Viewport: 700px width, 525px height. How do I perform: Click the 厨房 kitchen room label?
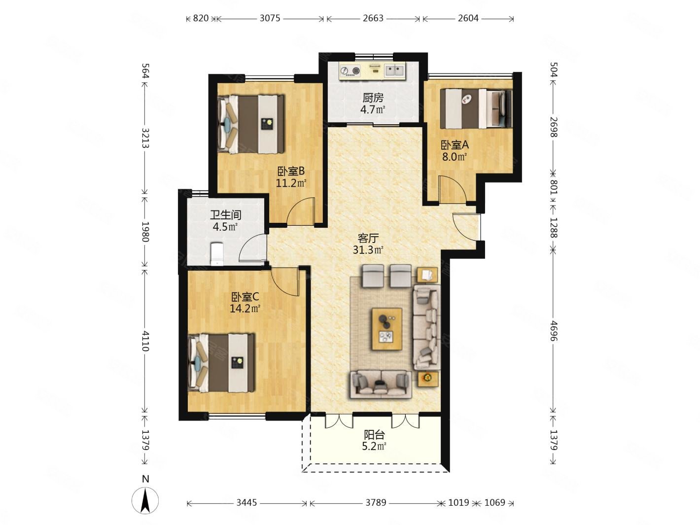click(x=373, y=98)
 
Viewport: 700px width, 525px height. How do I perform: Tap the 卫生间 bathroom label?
click(x=225, y=215)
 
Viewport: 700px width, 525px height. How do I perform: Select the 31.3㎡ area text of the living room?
click(x=368, y=250)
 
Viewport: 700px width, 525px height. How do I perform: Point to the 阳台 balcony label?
click(x=374, y=434)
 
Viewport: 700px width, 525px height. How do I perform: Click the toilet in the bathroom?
click(x=217, y=254)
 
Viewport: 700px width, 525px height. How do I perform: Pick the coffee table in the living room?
click(x=386, y=329)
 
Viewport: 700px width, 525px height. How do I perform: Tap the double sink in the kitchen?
click(x=394, y=70)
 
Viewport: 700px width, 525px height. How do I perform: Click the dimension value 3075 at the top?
click(x=270, y=18)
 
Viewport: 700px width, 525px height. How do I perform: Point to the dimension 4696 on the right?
click(x=554, y=331)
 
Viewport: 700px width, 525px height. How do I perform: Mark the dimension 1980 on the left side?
click(x=145, y=232)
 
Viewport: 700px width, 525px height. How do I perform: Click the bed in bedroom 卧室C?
click(x=222, y=363)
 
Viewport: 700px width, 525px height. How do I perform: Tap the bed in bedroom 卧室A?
click(x=476, y=108)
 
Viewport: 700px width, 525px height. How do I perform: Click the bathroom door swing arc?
click(x=252, y=248)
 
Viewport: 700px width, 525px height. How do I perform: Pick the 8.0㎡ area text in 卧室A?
click(x=455, y=157)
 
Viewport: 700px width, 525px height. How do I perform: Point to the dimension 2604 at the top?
click(x=468, y=18)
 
